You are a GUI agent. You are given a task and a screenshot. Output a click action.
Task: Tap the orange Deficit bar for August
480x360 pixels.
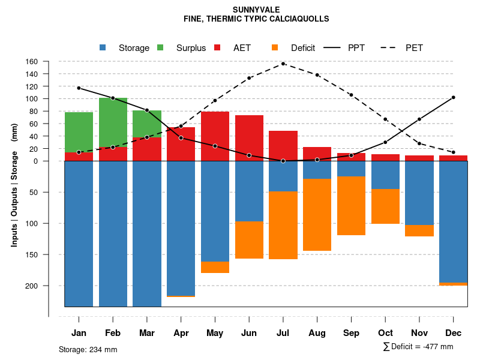(x=317, y=214)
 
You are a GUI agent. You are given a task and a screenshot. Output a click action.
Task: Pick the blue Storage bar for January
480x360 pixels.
(x=79, y=233)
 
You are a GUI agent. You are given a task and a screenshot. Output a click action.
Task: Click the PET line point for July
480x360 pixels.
(x=283, y=64)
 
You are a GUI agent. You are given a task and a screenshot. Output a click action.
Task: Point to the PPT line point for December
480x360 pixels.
(x=453, y=97)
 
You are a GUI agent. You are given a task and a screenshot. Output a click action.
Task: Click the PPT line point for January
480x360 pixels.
(x=79, y=88)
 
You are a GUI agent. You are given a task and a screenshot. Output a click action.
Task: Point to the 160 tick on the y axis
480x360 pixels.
(x=49, y=61)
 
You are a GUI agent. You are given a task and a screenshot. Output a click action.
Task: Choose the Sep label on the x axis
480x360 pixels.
(x=352, y=333)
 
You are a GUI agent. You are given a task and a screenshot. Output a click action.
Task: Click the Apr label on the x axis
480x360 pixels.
(x=181, y=333)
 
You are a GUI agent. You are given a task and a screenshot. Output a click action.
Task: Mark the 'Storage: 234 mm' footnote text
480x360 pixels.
(x=88, y=349)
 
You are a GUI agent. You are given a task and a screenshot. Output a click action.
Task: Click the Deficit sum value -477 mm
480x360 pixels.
(x=436, y=347)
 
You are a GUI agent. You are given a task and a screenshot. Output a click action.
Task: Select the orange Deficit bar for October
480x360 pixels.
(x=385, y=206)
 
